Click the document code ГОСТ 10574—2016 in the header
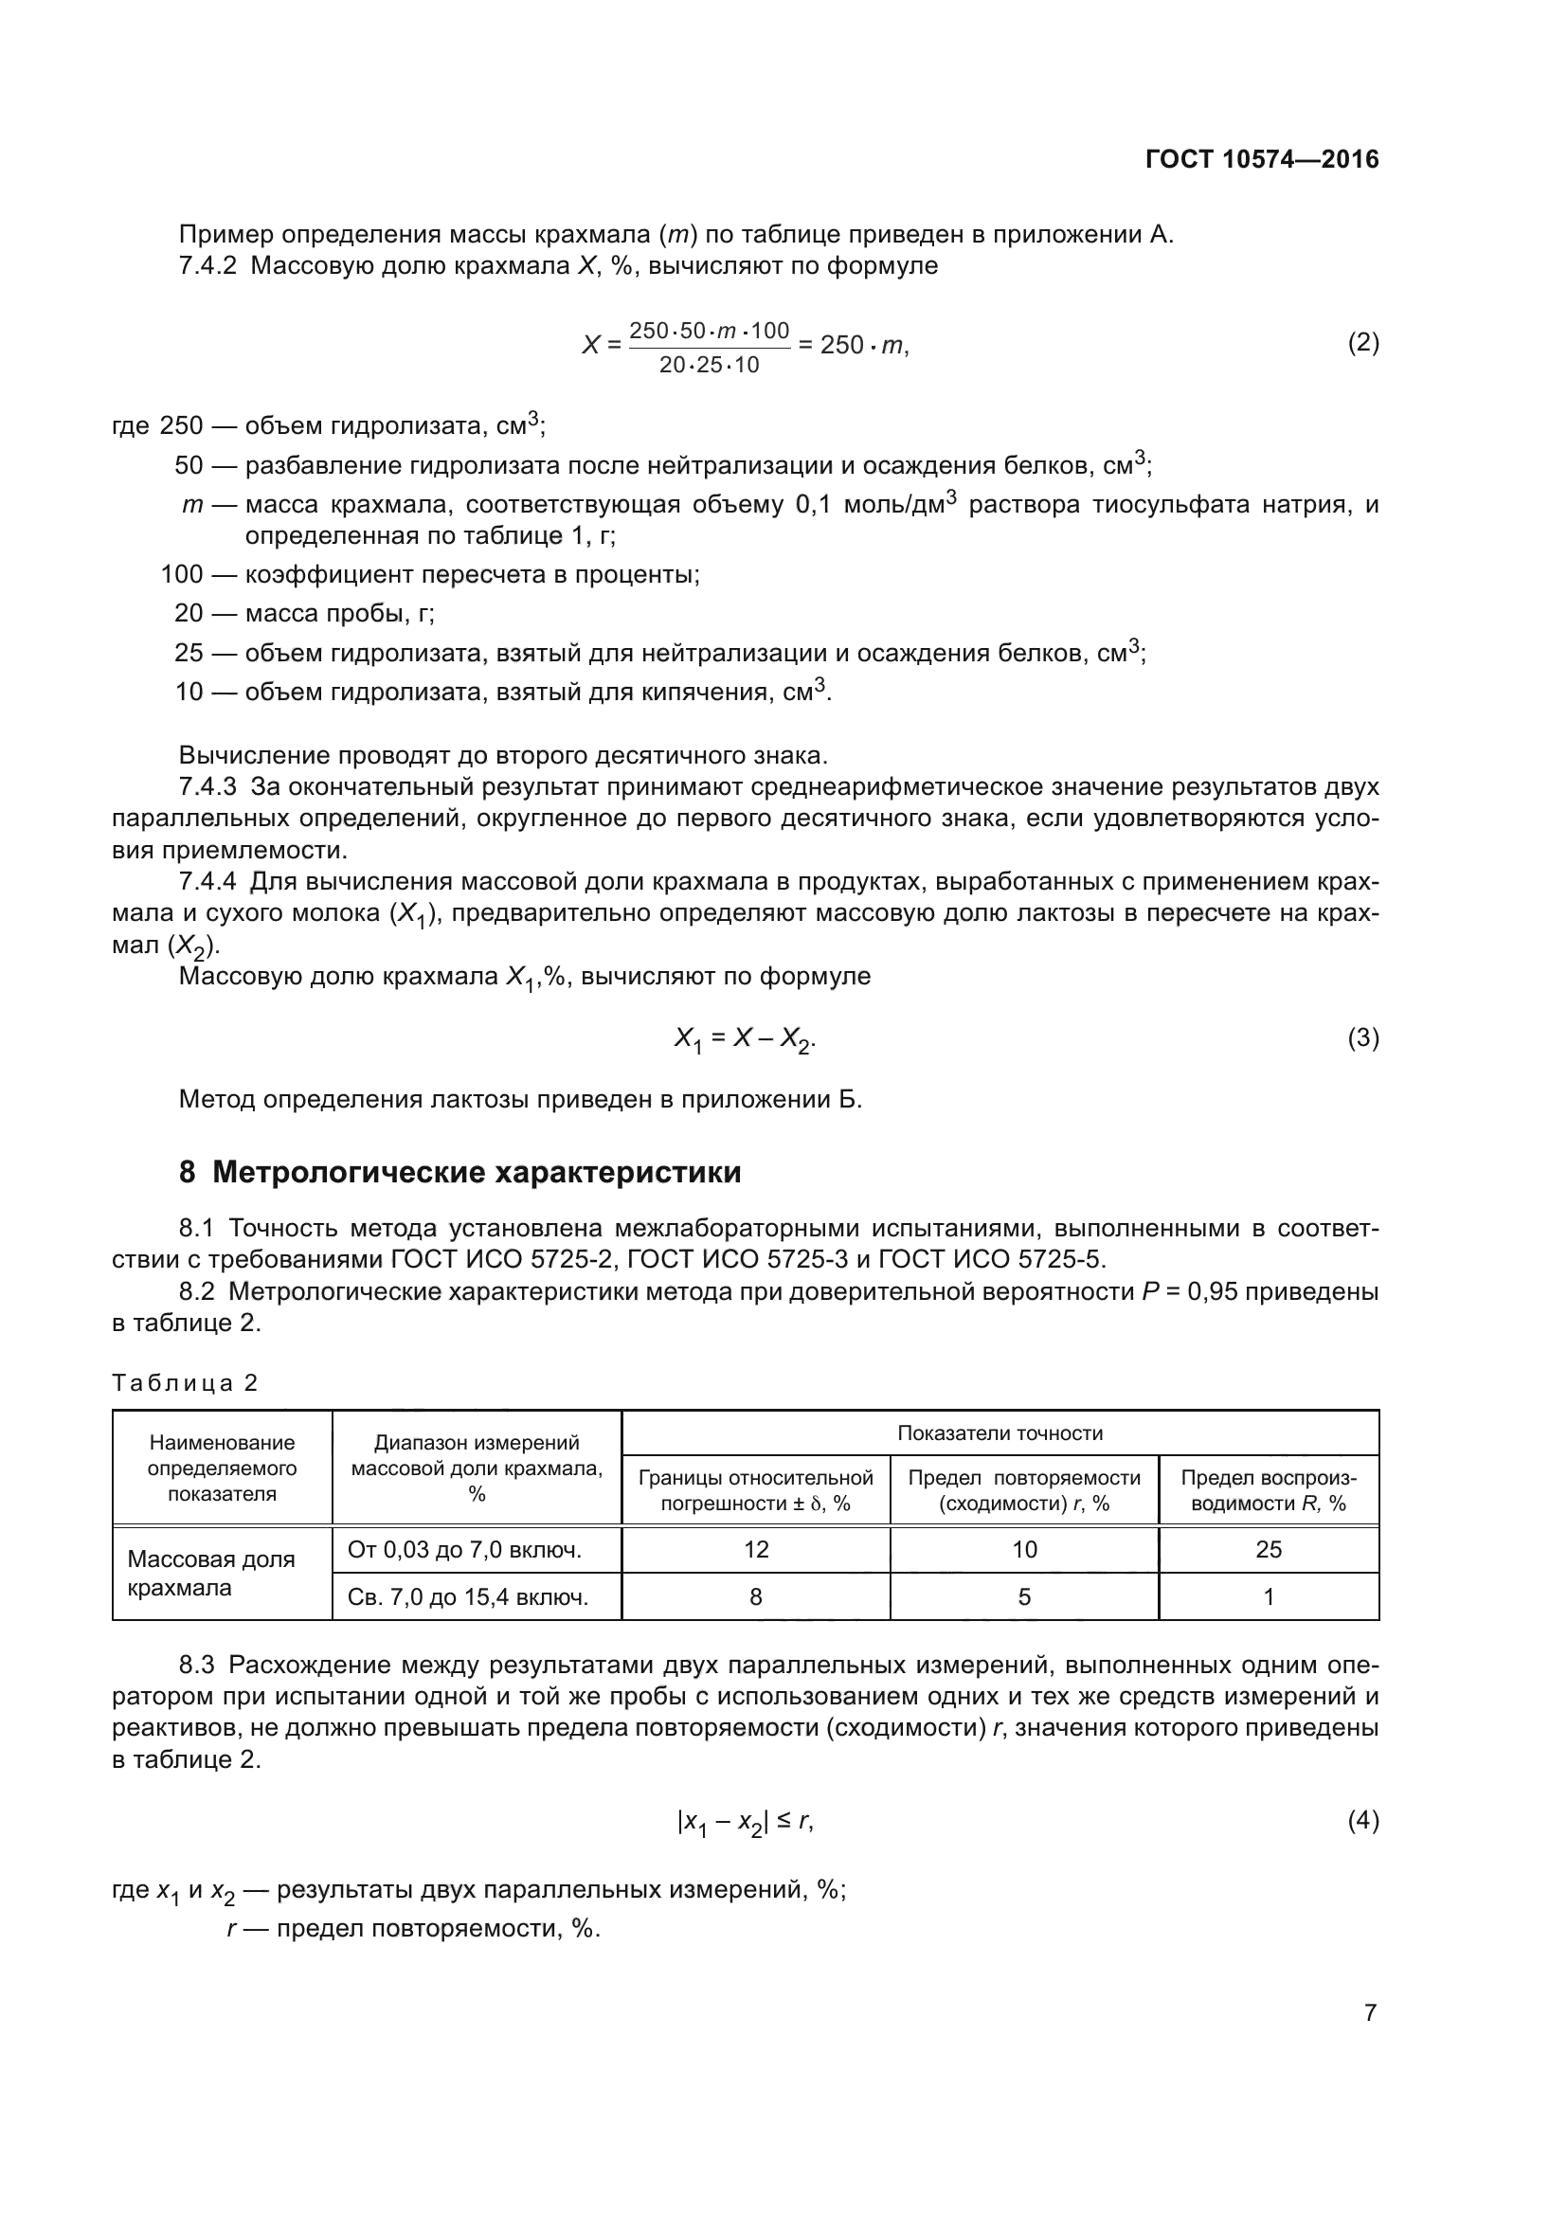[x=1262, y=159]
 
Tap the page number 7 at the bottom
[x=1370, y=2012]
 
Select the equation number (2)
[x=1362, y=343]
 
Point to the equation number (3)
[x=1362, y=1037]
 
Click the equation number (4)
[x=1362, y=1820]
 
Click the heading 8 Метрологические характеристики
[x=460, y=1172]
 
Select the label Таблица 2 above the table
[x=186, y=1383]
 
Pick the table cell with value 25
[x=1268, y=1549]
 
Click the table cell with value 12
[x=755, y=1549]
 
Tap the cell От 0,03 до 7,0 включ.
[x=464, y=1550]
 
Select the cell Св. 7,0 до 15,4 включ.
[x=467, y=1597]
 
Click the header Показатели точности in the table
[x=1000, y=1433]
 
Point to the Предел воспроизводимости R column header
[x=1268, y=1490]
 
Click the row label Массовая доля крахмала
[x=211, y=1574]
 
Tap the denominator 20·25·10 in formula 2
[x=710, y=365]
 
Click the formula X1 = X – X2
[x=745, y=1038]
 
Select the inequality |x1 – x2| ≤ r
[x=745, y=1821]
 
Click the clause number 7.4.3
[x=207, y=786]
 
